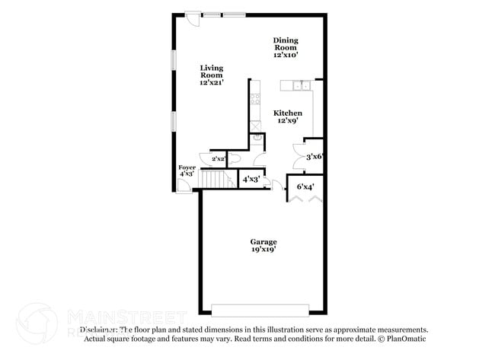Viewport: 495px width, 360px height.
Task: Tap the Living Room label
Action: pyautogui.click(x=211, y=75)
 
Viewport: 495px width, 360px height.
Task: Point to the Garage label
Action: pyautogui.click(x=263, y=241)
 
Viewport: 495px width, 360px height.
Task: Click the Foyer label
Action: pyautogui.click(x=187, y=167)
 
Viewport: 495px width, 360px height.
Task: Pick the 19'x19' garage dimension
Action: pyautogui.click(x=263, y=249)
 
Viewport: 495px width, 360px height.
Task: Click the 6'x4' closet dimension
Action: pyautogui.click(x=305, y=186)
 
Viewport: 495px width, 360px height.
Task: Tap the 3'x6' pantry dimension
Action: pyautogui.click(x=315, y=156)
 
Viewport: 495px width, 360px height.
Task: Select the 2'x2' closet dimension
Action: pyautogui.click(x=219, y=158)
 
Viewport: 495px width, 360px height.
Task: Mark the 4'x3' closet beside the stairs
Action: pyautogui.click(x=251, y=180)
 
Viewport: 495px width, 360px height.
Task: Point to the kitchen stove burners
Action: pyautogui.click(x=255, y=98)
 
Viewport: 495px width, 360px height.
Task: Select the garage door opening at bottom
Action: pyautogui.click(x=260, y=310)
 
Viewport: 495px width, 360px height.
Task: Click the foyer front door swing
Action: pyautogui.click(x=184, y=186)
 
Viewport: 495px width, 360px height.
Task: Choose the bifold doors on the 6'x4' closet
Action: pyautogui.click(x=305, y=197)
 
